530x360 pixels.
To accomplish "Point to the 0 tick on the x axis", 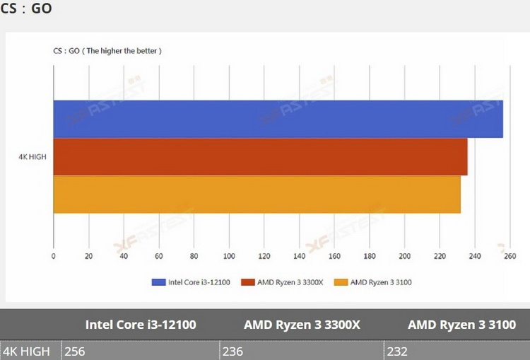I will (x=54, y=255).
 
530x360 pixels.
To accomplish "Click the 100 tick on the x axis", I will (x=229, y=255).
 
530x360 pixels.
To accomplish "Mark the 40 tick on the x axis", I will (x=124, y=255).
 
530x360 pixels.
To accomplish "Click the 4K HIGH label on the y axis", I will (x=33, y=156).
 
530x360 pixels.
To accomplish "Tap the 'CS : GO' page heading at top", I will (x=26, y=9).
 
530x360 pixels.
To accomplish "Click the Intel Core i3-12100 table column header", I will (x=141, y=325).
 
